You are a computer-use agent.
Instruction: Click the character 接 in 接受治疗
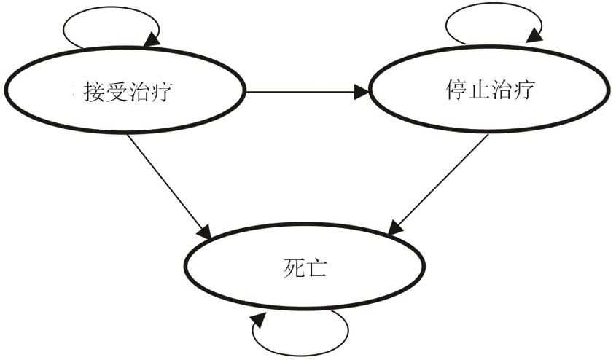tap(93, 93)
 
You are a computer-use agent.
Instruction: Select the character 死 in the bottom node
tap(292, 268)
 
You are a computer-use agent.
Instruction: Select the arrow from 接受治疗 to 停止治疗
tap(306, 92)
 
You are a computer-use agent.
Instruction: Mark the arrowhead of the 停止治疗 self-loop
tap(536, 34)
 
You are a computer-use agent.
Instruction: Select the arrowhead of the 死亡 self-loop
tap(259, 321)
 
